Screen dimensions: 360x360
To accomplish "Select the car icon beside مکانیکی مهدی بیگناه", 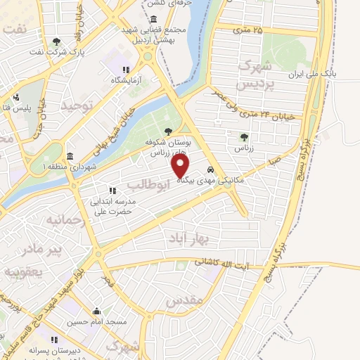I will [x=210, y=169].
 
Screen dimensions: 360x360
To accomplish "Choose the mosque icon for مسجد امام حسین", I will [x=97, y=311].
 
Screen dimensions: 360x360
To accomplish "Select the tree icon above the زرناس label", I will [x=244, y=137].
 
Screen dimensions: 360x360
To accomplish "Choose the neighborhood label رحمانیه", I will [x=65, y=219].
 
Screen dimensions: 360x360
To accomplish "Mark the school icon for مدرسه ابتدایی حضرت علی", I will [x=112, y=190].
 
